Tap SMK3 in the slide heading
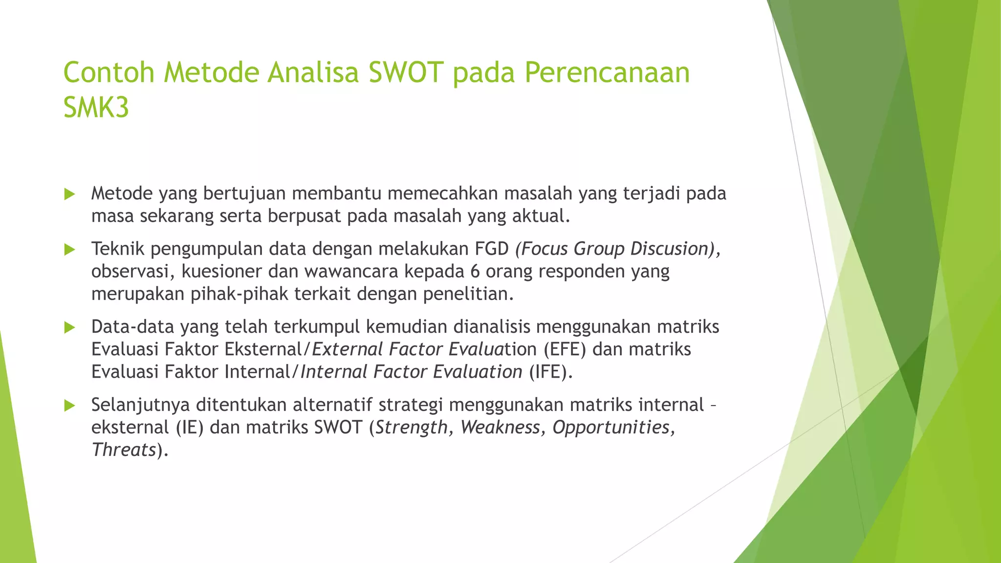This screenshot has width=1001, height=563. pyautogui.click(x=96, y=107)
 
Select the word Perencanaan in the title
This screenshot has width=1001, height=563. pyautogui.click(x=607, y=72)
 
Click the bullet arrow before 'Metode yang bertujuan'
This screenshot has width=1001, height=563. pyautogui.click(x=69, y=195)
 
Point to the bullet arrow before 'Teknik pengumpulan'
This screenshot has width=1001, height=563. pyautogui.click(x=69, y=250)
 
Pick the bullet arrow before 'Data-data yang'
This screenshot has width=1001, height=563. pyautogui.click(x=69, y=327)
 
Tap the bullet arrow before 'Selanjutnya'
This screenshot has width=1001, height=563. pyautogui.click(x=69, y=405)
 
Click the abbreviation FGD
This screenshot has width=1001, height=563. pyautogui.click(x=492, y=249)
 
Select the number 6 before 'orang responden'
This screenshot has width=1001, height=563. pyautogui.click(x=475, y=271)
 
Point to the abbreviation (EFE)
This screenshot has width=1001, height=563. pyautogui.click(x=565, y=349)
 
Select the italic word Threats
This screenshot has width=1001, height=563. pyautogui.click(x=124, y=450)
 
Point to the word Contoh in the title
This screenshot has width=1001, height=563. pyautogui.click(x=109, y=72)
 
